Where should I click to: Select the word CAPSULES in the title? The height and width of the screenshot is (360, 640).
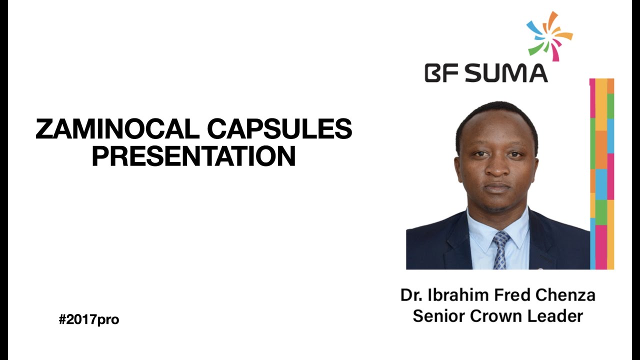[279, 130]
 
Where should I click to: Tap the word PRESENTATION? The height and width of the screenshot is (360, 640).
[193, 156]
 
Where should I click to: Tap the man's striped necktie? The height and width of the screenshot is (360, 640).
[500, 249]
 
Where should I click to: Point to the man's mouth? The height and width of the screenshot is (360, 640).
[497, 188]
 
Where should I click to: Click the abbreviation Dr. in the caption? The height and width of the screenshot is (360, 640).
[411, 295]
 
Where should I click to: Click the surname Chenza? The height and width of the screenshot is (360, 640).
[565, 295]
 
